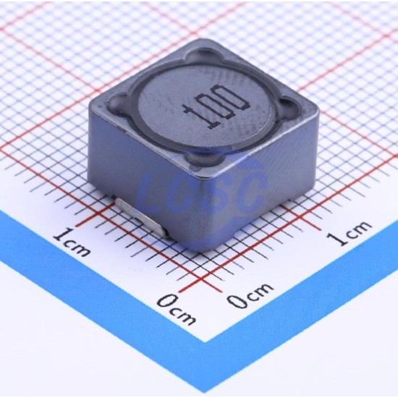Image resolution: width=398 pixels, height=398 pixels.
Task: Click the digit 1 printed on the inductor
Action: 199,117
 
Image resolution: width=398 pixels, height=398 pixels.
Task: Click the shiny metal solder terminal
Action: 141,218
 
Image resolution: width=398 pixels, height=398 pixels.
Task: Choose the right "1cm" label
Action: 348,233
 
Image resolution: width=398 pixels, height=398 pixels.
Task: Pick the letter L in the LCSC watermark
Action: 151,193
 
